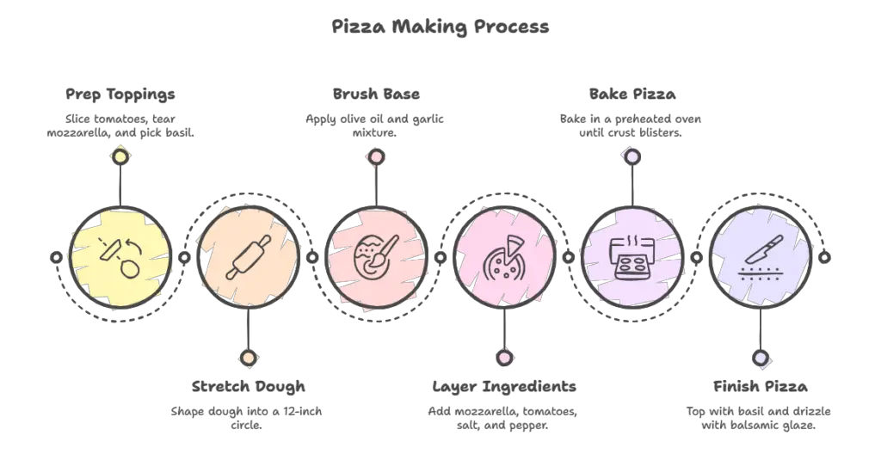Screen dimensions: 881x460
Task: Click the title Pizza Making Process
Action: [x=440, y=27]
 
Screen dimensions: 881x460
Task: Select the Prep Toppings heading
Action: [x=120, y=95]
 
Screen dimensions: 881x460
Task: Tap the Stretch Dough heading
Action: [x=249, y=386]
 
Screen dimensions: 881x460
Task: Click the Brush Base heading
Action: [x=376, y=94]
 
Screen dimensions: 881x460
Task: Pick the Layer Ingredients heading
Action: [x=504, y=386]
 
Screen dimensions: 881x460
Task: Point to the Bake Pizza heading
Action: [x=632, y=94]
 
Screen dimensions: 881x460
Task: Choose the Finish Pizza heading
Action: [x=761, y=386]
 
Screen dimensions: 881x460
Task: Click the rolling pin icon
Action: [x=249, y=257]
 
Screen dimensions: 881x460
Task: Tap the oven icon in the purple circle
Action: [x=632, y=258]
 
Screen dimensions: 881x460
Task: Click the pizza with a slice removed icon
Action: [x=504, y=258]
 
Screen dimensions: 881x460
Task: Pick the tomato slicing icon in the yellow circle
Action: [x=120, y=257]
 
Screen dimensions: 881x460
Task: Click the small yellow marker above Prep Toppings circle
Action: [x=120, y=156]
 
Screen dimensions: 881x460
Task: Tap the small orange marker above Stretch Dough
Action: [x=249, y=358]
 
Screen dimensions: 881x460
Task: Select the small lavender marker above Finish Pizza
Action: [x=761, y=358]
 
